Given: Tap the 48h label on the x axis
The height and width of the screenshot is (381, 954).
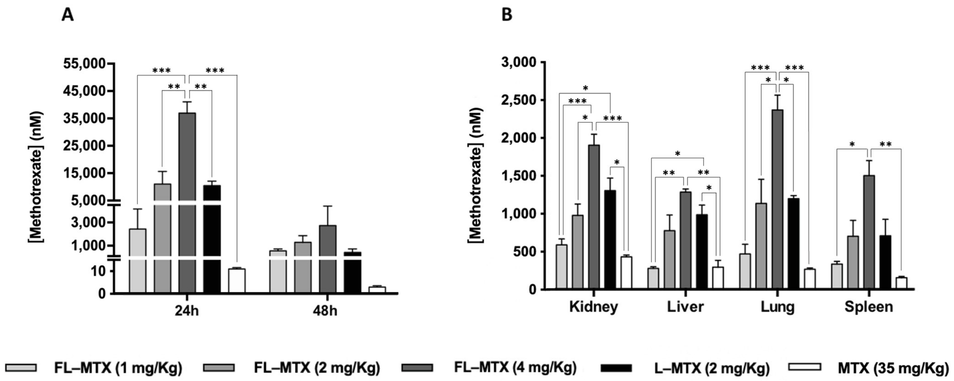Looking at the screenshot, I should click(325, 311).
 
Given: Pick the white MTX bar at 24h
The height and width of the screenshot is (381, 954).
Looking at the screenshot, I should click(237, 281).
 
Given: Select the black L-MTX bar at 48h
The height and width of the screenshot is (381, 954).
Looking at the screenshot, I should click(352, 273).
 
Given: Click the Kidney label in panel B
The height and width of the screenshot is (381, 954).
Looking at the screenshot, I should click(594, 307).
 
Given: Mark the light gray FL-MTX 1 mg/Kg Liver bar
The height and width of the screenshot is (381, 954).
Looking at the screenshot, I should click(653, 278).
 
